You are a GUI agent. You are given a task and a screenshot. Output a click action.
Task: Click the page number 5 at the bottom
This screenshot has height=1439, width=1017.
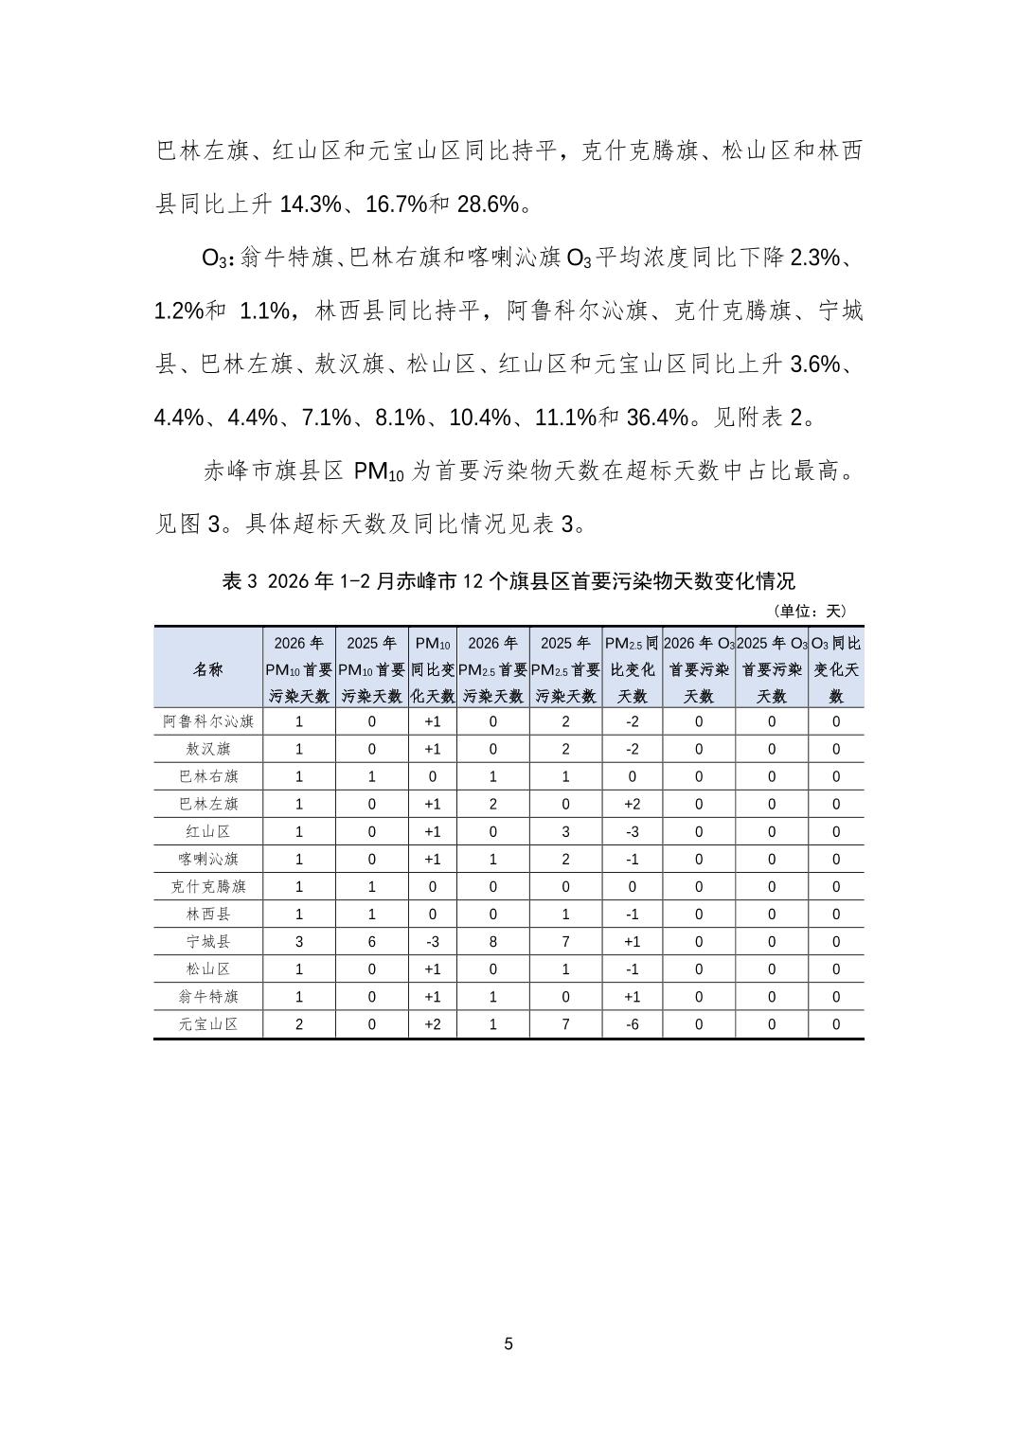pos(508,1344)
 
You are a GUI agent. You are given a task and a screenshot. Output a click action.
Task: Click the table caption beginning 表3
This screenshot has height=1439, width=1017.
pos(508,581)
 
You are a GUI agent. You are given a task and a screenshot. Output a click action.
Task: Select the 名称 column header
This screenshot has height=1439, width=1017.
pos(208,668)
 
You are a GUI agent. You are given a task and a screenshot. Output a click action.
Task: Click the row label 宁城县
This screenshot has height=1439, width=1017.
pos(208,942)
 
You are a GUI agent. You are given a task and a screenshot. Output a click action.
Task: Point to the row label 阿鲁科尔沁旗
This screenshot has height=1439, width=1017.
pos(208,721)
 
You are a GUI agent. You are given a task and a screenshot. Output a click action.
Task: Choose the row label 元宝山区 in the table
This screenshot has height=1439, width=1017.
pos(208,1024)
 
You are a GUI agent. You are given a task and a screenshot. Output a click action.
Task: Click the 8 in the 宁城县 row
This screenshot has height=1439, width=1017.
pos(493,942)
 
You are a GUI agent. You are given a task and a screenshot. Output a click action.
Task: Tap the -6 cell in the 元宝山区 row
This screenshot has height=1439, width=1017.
pos(633,1024)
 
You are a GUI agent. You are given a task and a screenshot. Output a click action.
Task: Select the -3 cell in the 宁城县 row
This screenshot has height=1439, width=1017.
pos(433,942)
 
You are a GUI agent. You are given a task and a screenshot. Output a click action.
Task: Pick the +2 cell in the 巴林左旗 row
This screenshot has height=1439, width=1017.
pos(633,804)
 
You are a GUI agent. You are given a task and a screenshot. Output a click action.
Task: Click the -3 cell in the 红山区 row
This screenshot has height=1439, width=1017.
pos(633,831)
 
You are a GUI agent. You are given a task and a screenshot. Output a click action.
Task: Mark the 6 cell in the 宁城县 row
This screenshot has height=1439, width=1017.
pos(372,942)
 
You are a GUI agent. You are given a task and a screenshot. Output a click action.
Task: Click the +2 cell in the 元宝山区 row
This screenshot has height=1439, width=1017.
pos(433,1024)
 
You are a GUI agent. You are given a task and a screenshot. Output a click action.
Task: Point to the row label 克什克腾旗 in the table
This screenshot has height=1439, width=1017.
pos(208,887)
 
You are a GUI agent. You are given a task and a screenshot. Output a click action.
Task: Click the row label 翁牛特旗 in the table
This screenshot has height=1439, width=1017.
pos(208,997)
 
